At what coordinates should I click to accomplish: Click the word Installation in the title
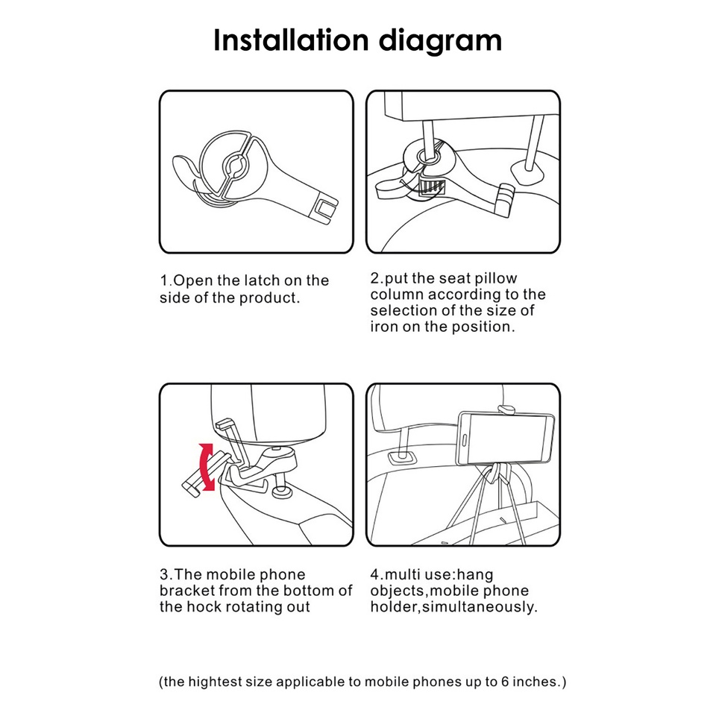[x=291, y=40]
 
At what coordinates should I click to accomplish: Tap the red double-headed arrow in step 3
[x=207, y=467]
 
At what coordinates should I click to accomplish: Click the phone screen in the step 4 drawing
[x=506, y=439]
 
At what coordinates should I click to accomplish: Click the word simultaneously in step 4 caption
[x=480, y=607]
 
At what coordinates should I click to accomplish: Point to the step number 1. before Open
[x=166, y=280]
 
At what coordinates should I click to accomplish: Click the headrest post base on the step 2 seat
[x=528, y=171]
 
